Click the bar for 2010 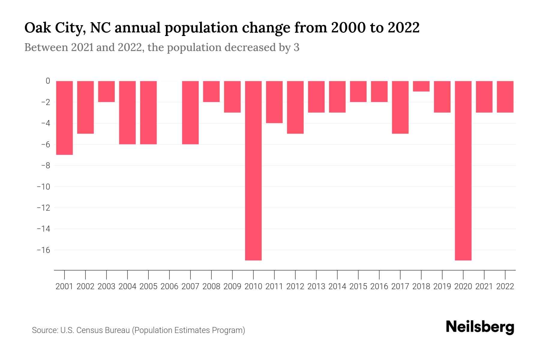tap(253, 170)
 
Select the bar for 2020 tap(463, 170)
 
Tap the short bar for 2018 tap(421, 86)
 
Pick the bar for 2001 tap(64, 118)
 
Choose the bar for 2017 tap(400, 107)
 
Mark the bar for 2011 tap(274, 102)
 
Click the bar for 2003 tap(106, 91)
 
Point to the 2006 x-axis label tap(169, 286)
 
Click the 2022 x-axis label tap(505, 286)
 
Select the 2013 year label tap(316, 286)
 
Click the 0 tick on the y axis tap(48, 81)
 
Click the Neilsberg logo tap(480, 327)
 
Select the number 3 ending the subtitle tap(296, 47)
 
